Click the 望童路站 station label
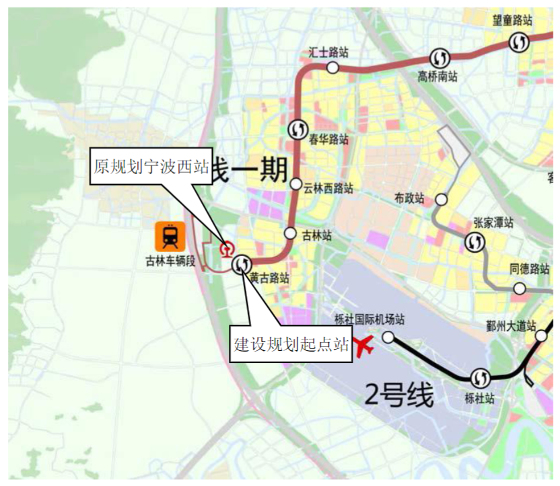coord(513,20)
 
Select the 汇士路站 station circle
coord(332,67)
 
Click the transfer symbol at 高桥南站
coord(441,58)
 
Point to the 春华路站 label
coord(328,140)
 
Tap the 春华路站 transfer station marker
coord(297,128)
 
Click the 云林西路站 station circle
coord(296,184)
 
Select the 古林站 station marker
coord(290,233)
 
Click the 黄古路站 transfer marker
coord(242,265)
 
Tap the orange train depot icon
coord(170,236)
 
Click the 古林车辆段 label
coord(170,261)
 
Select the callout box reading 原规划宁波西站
coord(151,166)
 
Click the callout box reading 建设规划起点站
coord(291,344)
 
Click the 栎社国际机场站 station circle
coord(388,337)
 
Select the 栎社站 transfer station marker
coord(481,377)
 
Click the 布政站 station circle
coord(442,200)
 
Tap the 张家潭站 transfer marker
coord(474,242)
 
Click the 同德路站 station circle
coord(519,288)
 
